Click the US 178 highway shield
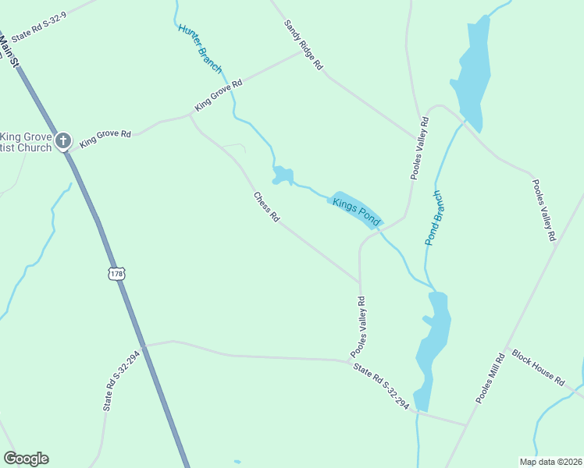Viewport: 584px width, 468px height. [116, 274]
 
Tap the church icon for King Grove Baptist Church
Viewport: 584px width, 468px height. [63, 141]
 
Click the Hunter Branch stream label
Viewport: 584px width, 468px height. [200, 48]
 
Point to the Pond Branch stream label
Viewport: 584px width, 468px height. [433, 218]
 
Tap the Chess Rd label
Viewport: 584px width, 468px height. [266, 207]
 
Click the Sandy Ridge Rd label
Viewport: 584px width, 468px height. [303, 46]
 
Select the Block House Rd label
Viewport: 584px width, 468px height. [538, 367]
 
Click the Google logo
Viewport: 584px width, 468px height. [26, 459]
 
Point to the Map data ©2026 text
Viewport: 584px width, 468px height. [550, 462]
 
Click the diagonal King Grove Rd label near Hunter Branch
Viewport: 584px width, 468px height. [219, 94]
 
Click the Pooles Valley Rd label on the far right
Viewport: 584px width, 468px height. [543, 210]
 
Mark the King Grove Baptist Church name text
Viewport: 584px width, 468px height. [26, 142]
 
